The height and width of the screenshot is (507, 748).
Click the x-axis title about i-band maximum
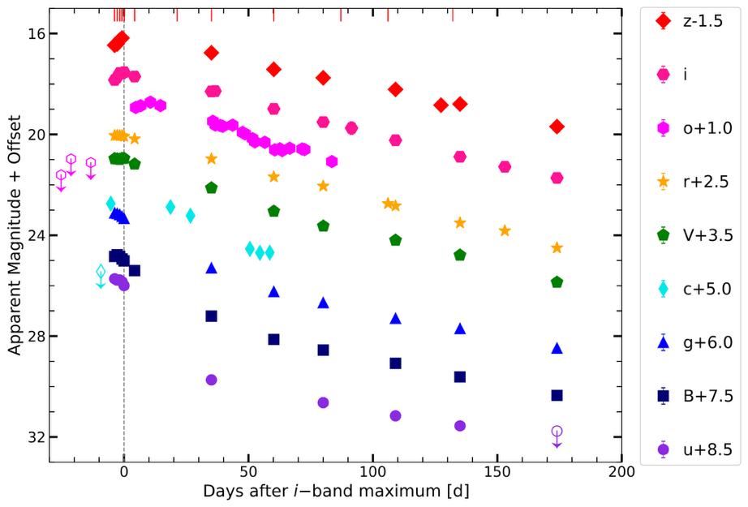pyautogui.click(x=335, y=492)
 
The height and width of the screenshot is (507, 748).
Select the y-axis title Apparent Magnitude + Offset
pyautogui.click(x=14, y=235)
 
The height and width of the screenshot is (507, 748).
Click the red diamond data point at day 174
pyautogui.click(x=557, y=127)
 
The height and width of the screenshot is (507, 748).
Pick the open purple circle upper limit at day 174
pyautogui.click(x=557, y=432)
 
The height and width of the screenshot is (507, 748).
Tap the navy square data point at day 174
pyautogui.click(x=557, y=395)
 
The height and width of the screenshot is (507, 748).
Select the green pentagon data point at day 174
pyautogui.click(x=557, y=282)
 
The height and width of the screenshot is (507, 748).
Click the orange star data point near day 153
pyautogui.click(x=505, y=230)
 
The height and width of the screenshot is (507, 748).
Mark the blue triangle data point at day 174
pyautogui.click(x=557, y=348)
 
